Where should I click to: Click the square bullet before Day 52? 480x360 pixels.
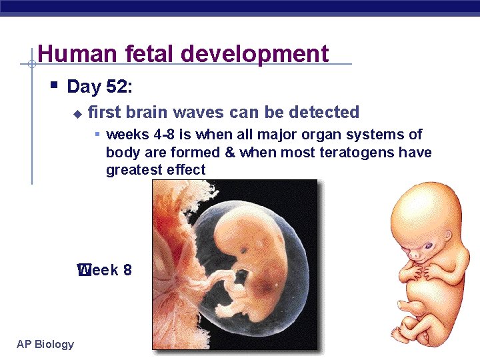click(55, 85)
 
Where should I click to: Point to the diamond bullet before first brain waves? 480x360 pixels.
click(77, 113)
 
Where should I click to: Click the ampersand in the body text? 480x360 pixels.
click(230, 153)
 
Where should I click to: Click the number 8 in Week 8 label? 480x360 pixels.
click(127, 270)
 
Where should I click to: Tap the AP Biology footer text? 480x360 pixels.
click(45, 344)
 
